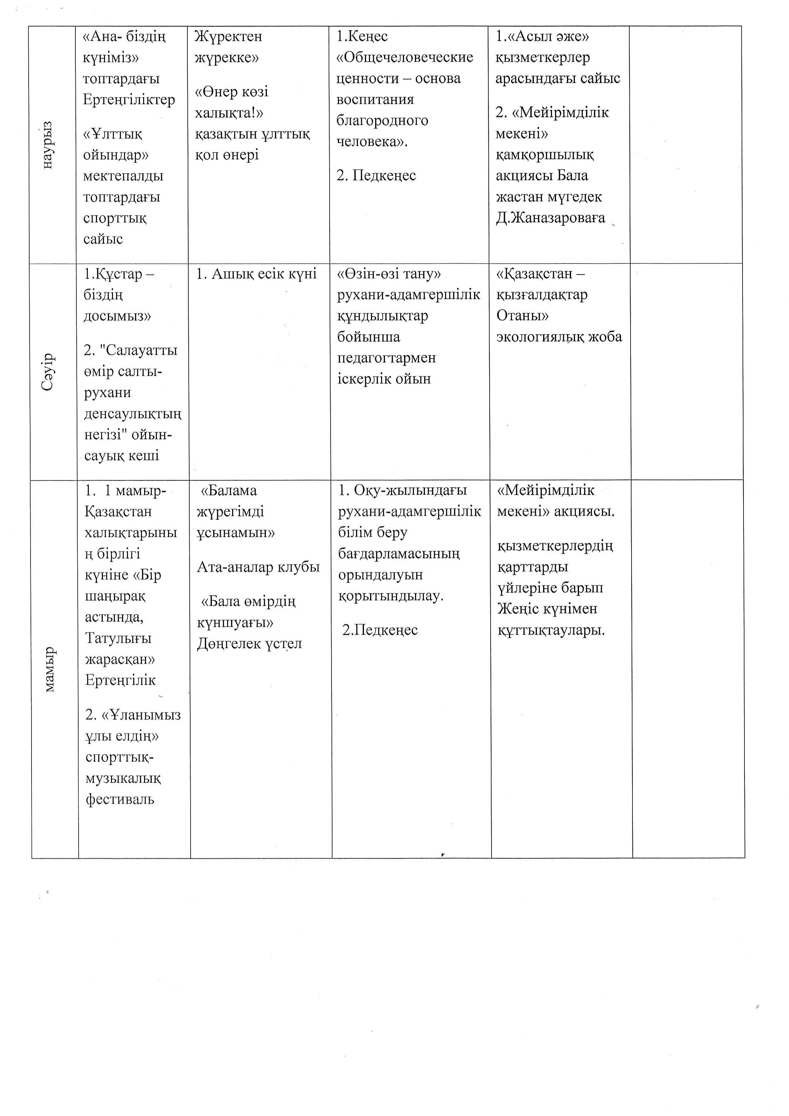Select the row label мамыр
click(50, 669)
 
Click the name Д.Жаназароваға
click(550, 218)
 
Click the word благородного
click(382, 121)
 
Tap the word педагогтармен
click(387, 358)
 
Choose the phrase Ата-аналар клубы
click(258, 567)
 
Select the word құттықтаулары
click(551, 631)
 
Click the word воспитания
click(375, 100)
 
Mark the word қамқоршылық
click(545, 155)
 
